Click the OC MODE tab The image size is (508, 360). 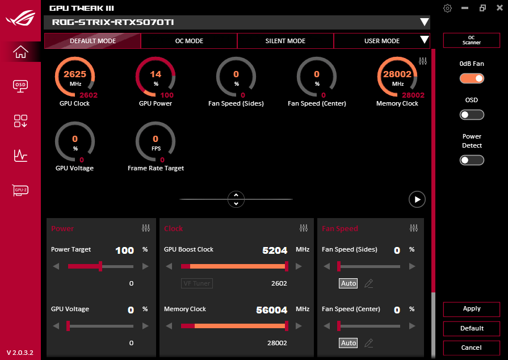click(x=189, y=41)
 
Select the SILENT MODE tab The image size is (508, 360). click(x=285, y=41)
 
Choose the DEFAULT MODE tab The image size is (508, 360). click(x=93, y=41)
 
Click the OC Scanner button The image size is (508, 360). click(x=471, y=40)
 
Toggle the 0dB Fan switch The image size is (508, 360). click(x=472, y=78)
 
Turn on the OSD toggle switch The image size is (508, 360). click(x=472, y=115)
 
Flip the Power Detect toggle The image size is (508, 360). click(x=472, y=160)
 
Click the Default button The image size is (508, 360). click(x=472, y=328)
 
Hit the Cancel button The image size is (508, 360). click(x=472, y=348)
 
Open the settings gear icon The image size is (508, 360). click(x=448, y=8)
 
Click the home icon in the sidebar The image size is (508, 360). click(x=20, y=52)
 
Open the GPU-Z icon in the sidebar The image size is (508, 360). click(x=20, y=190)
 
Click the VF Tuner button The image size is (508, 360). click(x=197, y=283)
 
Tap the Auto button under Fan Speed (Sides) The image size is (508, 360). click(x=349, y=283)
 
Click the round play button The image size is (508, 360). click(x=417, y=199)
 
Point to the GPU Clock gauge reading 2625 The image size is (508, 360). click(x=75, y=77)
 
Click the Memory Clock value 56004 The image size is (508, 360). click(x=272, y=309)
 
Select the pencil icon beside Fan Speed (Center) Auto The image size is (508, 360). click(x=368, y=343)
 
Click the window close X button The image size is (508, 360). click(x=498, y=8)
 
